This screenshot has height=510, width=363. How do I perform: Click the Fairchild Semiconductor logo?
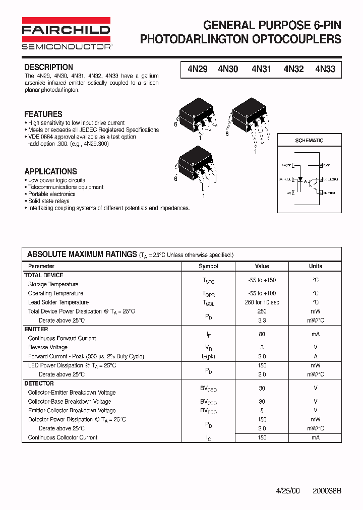[x=66, y=34]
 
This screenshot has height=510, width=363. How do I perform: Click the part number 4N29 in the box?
[x=197, y=70]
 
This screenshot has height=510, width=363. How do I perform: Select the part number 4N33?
[x=325, y=70]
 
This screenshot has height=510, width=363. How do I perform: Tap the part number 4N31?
[x=261, y=70]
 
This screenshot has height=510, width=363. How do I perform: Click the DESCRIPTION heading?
[x=48, y=67]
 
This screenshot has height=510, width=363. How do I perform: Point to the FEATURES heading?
[x=43, y=114]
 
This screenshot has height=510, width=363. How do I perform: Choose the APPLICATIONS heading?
[x=50, y=171]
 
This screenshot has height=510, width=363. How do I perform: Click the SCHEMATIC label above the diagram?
[x=309, y=141]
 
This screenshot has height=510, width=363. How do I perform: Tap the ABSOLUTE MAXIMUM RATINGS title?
[x=82, y=254]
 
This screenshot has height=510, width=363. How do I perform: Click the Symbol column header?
[x=208, y=266]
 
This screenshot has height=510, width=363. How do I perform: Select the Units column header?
[x=316, y=266]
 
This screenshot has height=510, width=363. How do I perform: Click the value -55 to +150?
[x=262, y=280]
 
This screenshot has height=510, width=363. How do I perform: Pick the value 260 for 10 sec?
[x=262, y=302]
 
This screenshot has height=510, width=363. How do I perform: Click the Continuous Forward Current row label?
[x=62, y=338]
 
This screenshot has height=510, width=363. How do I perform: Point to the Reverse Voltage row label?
[x=47, y=347]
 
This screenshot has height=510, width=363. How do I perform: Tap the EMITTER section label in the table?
[x=36, y=329]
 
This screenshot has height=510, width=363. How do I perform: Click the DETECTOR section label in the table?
[x=39, y=384]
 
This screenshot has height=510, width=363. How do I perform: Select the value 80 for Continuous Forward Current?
[x=262, y=334]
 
